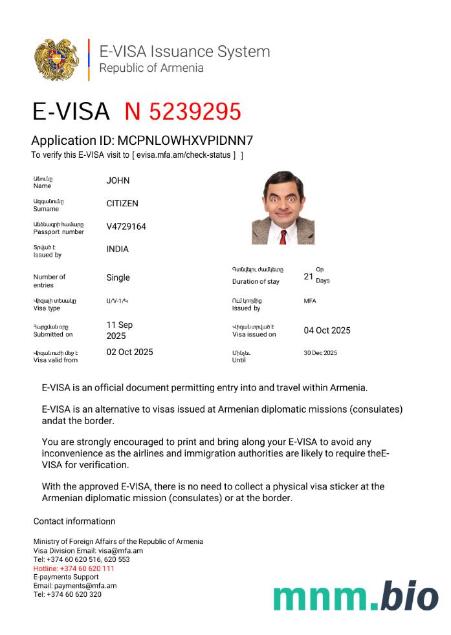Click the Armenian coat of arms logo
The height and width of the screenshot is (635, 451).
57,59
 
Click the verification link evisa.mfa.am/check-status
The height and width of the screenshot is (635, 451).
184,155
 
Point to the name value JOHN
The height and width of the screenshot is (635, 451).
118,180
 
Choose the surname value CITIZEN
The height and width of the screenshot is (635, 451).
122,203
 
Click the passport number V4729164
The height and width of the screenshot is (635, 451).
126,226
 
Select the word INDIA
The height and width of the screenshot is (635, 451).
117,249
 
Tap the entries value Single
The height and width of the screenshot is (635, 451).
118,277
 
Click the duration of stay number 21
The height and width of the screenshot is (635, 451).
309,277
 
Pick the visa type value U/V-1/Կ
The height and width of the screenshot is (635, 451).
117,301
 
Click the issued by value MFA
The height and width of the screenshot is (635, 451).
310,301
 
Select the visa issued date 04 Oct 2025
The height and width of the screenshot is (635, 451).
327,330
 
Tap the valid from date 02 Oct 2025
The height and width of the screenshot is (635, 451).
129,352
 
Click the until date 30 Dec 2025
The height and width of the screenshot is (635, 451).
320,353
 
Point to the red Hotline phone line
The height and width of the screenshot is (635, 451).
74,568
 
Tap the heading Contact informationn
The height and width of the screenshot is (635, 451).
74,521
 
